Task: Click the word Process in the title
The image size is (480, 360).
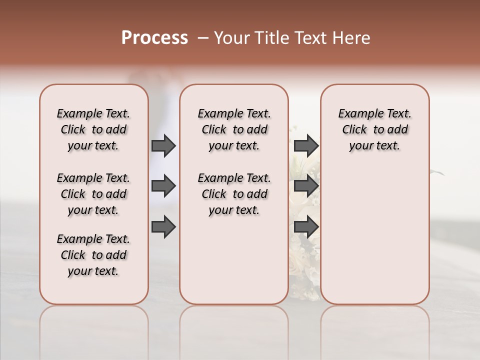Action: (154, 38)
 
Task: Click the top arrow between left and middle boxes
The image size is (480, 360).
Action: (163, 146)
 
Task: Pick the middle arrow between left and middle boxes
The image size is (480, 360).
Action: (163, 186)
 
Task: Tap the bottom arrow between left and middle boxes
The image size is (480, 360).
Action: (163, 226)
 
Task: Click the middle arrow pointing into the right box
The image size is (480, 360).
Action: (306, 186)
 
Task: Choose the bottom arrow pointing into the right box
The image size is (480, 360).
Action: (306, 226)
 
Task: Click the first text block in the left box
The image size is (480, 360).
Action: (93, 129)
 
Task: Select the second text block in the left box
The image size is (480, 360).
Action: (93, 194)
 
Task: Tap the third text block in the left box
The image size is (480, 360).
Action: (93, 255)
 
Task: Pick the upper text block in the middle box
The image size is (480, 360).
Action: (234, 129)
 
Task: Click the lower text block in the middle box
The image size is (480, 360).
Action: (234, 194)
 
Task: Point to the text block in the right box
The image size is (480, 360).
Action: (375, 129)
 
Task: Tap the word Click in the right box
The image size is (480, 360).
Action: (354, 129)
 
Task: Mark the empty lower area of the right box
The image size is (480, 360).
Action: (375, 235)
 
